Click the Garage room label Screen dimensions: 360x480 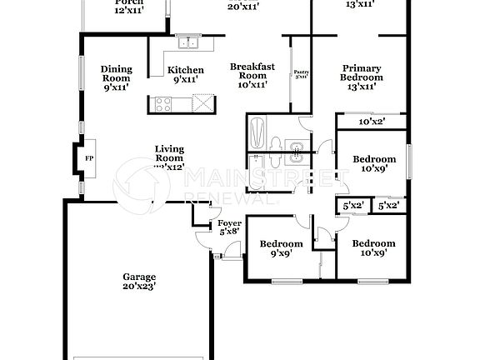click(x=140, y=277)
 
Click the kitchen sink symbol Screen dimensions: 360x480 click(x=187, y=42)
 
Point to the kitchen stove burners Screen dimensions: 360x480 click(x=162, y=105)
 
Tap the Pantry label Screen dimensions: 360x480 click(x=301, y=74)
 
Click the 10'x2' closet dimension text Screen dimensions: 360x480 click(x=372, y=121)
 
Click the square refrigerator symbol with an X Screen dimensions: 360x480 click(x=200, y=104)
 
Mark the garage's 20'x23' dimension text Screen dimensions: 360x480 click(x=140, y=286)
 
